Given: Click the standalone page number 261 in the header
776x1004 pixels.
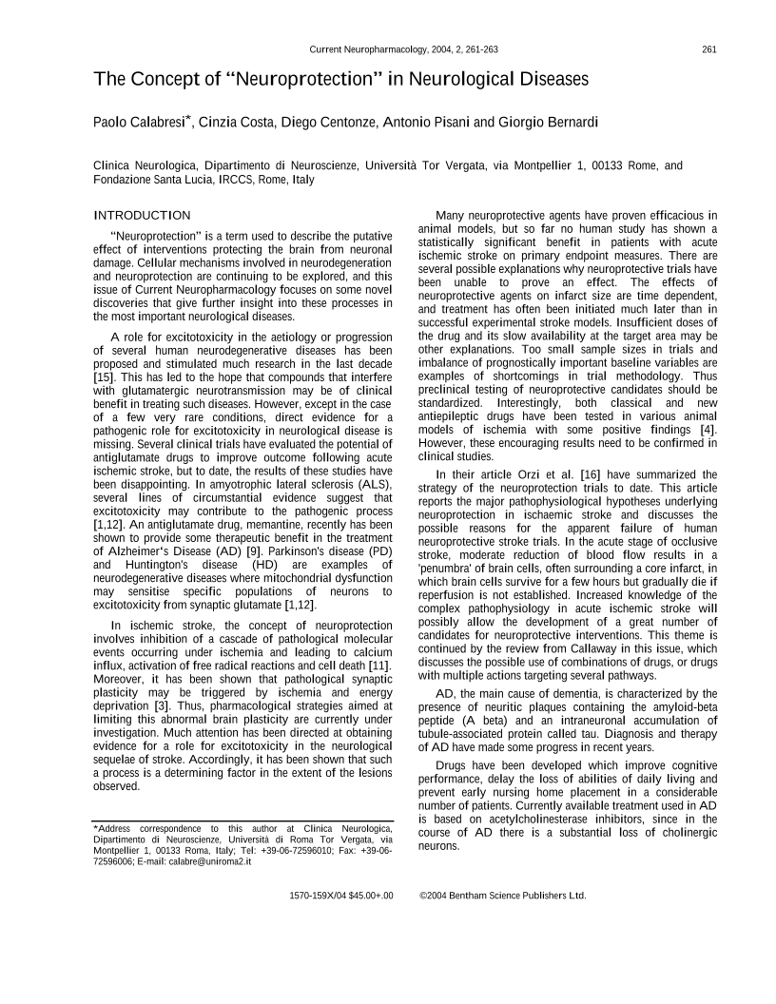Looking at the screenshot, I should [x=709, y=50].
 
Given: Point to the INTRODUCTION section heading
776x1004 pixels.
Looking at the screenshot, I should [x=142, y=216].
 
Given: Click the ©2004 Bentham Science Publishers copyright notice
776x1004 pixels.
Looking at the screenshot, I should [x=503, y=895].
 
